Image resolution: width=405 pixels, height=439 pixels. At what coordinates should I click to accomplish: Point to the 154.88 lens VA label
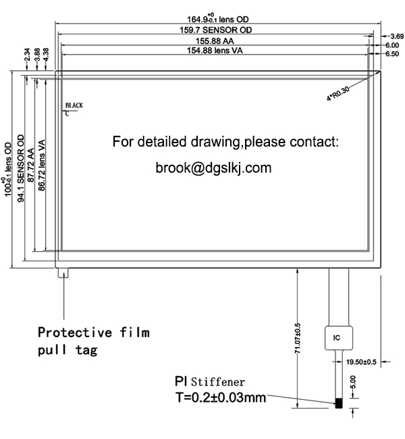point(215,51)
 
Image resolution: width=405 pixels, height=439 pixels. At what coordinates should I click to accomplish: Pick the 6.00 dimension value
point(392,45)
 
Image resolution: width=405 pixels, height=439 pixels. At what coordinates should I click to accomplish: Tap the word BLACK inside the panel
point(74,105)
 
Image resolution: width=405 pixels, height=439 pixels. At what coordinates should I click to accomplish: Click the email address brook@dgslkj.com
point(213,166)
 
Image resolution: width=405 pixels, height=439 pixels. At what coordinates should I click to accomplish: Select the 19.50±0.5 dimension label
point(361,363)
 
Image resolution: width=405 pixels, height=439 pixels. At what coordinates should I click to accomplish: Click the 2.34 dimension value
point(26,54)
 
